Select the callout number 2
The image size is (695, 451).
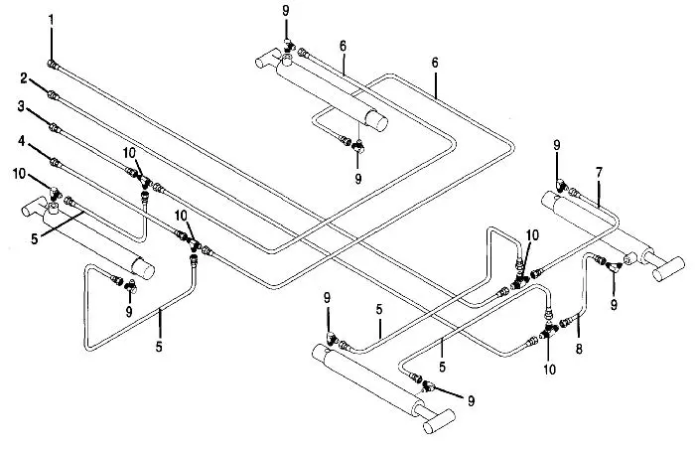pyautogui.click(x=21, y=76)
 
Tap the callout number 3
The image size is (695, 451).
pyautogui.click(x=21, y=105)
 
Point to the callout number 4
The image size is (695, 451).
pyautogui.click(x=21, y=141)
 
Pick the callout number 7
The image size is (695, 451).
pyautogui.click(x=599, y=173)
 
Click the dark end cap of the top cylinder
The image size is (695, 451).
pyautogui.click(x=378, y=119)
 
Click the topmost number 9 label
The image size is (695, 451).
pyautogui.click(x=286, y=10)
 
